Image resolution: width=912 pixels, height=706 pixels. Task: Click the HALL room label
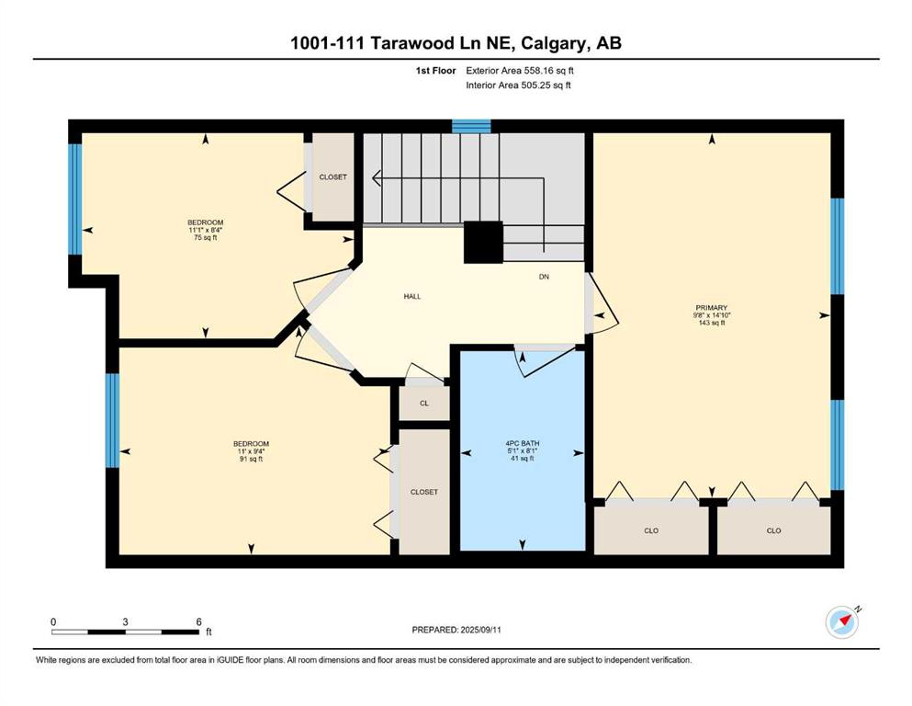click(x=411, y=296)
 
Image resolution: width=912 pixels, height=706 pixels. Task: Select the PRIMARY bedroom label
click(x=712, y=308)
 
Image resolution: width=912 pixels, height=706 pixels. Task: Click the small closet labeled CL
click(x=423, y=403)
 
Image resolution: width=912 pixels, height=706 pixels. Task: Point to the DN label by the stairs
click(x=545, y=276)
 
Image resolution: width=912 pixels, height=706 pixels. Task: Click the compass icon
click(x=842, y=622)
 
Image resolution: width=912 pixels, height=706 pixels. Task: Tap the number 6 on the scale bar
click(x=198, y=621)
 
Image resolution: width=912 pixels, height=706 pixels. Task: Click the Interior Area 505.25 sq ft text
click(x=519, y=85)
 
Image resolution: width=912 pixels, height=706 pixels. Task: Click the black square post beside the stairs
click(x=483, y=243)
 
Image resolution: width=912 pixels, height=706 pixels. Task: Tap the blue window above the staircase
click(x=471, y=126)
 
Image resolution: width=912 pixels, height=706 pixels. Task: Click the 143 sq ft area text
click(x=712, y=324)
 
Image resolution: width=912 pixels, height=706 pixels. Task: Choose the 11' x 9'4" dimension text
click(x=250, y=451)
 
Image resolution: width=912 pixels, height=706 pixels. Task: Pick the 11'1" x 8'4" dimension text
click(x=206, y=230)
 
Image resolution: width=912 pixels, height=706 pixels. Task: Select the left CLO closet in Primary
click(x=651, y=530)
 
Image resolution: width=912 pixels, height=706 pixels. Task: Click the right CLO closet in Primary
click(x=773, y=530)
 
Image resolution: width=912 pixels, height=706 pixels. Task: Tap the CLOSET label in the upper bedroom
click(x=332, y=176)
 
